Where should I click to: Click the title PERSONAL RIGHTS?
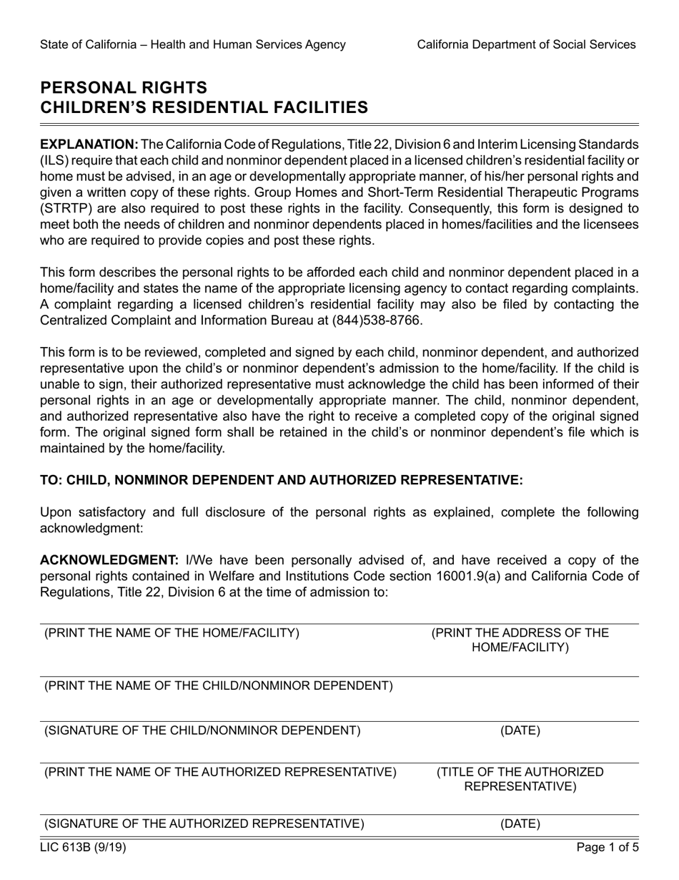(x=124, y=88)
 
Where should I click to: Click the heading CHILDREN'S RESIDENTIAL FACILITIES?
(x=204, y=108)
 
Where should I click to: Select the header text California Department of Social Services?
(x=526, y=44)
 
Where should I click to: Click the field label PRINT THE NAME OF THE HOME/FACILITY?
(x=172, y=633)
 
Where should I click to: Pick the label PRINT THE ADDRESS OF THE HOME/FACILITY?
(x=520, y=640)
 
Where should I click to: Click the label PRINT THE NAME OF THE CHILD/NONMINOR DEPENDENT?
(x=219, y=686)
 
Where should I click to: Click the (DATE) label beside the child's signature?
(x=520, y=730)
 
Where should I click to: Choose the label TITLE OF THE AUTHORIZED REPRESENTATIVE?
(x=520, y=780)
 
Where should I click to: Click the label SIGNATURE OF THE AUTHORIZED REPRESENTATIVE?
(x=204, y=824)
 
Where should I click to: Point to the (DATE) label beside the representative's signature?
(x=520, y=824)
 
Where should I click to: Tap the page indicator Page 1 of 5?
(x=608, y=849)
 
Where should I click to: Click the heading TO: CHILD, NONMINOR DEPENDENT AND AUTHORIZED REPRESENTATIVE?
(x=282, y=480)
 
